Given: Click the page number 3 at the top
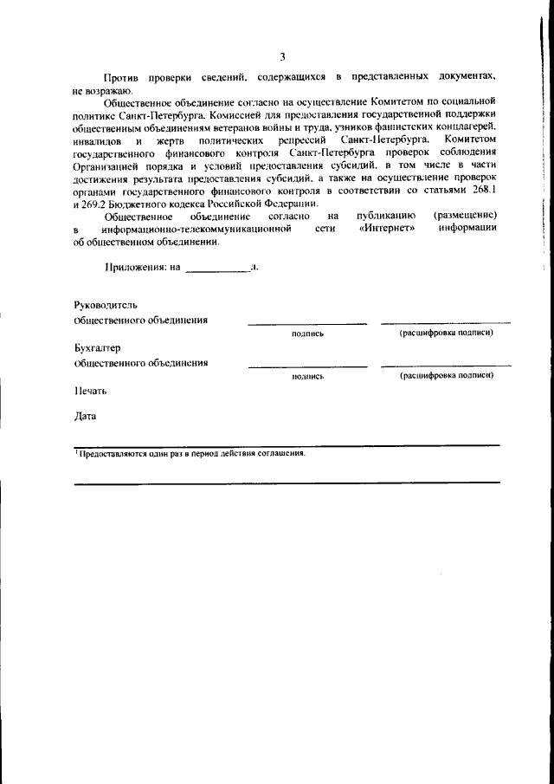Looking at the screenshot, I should (x=282, y=56).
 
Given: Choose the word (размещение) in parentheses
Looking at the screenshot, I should (x=466, y=215).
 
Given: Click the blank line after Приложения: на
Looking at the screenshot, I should (x=216, y=269).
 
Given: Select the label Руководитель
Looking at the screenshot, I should (x=106, y=305).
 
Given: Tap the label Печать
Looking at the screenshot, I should (x=91, y=391).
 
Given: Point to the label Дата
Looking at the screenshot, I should (x=86, y=416).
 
